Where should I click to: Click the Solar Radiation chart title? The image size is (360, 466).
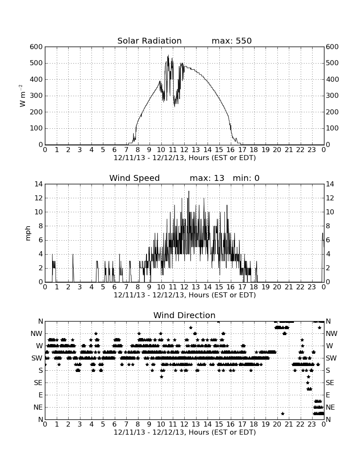(x=150, y=41)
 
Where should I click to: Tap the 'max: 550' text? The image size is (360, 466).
(x=232, y=41)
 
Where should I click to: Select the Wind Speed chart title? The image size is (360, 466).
(x=135, y=178)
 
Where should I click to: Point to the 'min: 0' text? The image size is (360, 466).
(x=246, y=178)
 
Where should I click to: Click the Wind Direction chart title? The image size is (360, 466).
(x=185, y=315)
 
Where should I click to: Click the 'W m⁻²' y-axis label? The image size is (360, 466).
(x=22, y=96)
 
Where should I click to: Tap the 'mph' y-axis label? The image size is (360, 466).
(x=28, y=233)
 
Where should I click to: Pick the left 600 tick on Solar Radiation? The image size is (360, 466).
(x=36, y=47)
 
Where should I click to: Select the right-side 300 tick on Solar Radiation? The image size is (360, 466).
(x=332, y=96)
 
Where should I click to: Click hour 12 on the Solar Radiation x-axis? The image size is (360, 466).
(x=184, y=150)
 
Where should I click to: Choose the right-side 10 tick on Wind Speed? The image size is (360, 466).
(x=330, y=212)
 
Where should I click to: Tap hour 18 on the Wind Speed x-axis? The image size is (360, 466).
(x=254, y=287)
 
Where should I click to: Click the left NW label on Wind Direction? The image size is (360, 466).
(x=36, y=334)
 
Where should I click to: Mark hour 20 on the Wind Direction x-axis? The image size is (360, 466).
(x=277, y=424)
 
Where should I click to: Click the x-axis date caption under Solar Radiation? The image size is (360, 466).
(x=185, y=158)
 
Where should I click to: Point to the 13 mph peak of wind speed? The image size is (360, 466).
(x=188, y=191)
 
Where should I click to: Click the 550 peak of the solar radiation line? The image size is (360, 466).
(x=168, y=55)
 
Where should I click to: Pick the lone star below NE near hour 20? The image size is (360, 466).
(x=282, y=414)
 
